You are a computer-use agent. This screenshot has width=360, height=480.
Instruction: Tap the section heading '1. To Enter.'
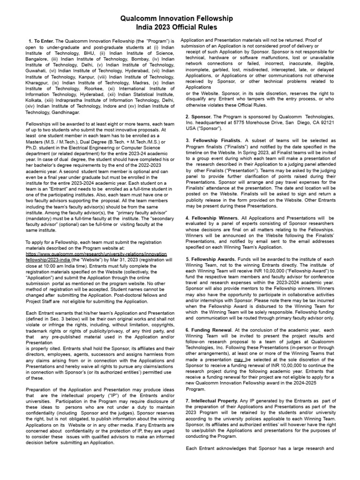pyautogui.click(x=42, y=41)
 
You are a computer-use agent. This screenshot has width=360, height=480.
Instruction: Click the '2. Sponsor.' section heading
pyautogui.click(x=201, y=116)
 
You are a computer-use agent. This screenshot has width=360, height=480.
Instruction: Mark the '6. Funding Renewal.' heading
pyautogui.click(x=209, y=330)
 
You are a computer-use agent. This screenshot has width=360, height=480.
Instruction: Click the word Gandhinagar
pyautogui.click(x=64, y=112)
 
